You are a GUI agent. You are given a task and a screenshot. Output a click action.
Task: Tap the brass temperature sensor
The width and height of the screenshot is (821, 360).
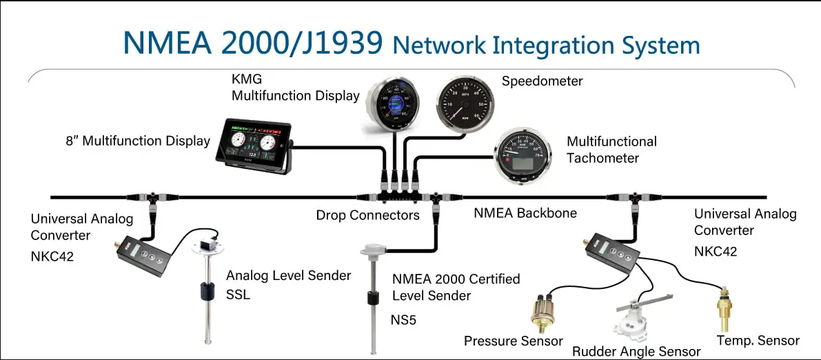point(723,311)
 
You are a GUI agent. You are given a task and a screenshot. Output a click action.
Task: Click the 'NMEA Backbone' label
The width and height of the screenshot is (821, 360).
point(525,213)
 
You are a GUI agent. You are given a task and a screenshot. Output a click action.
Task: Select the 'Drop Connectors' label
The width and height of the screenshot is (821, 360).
point(367,215)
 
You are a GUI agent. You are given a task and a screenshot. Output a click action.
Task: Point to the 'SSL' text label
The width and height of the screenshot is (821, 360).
point(239,295)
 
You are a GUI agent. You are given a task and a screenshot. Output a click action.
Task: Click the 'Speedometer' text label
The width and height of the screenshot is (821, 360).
point(542,81)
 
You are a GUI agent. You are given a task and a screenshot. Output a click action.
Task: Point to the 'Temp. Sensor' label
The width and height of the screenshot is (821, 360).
point(758,340)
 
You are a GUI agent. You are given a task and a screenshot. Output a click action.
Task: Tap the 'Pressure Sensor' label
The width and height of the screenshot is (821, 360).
point(513,341)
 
